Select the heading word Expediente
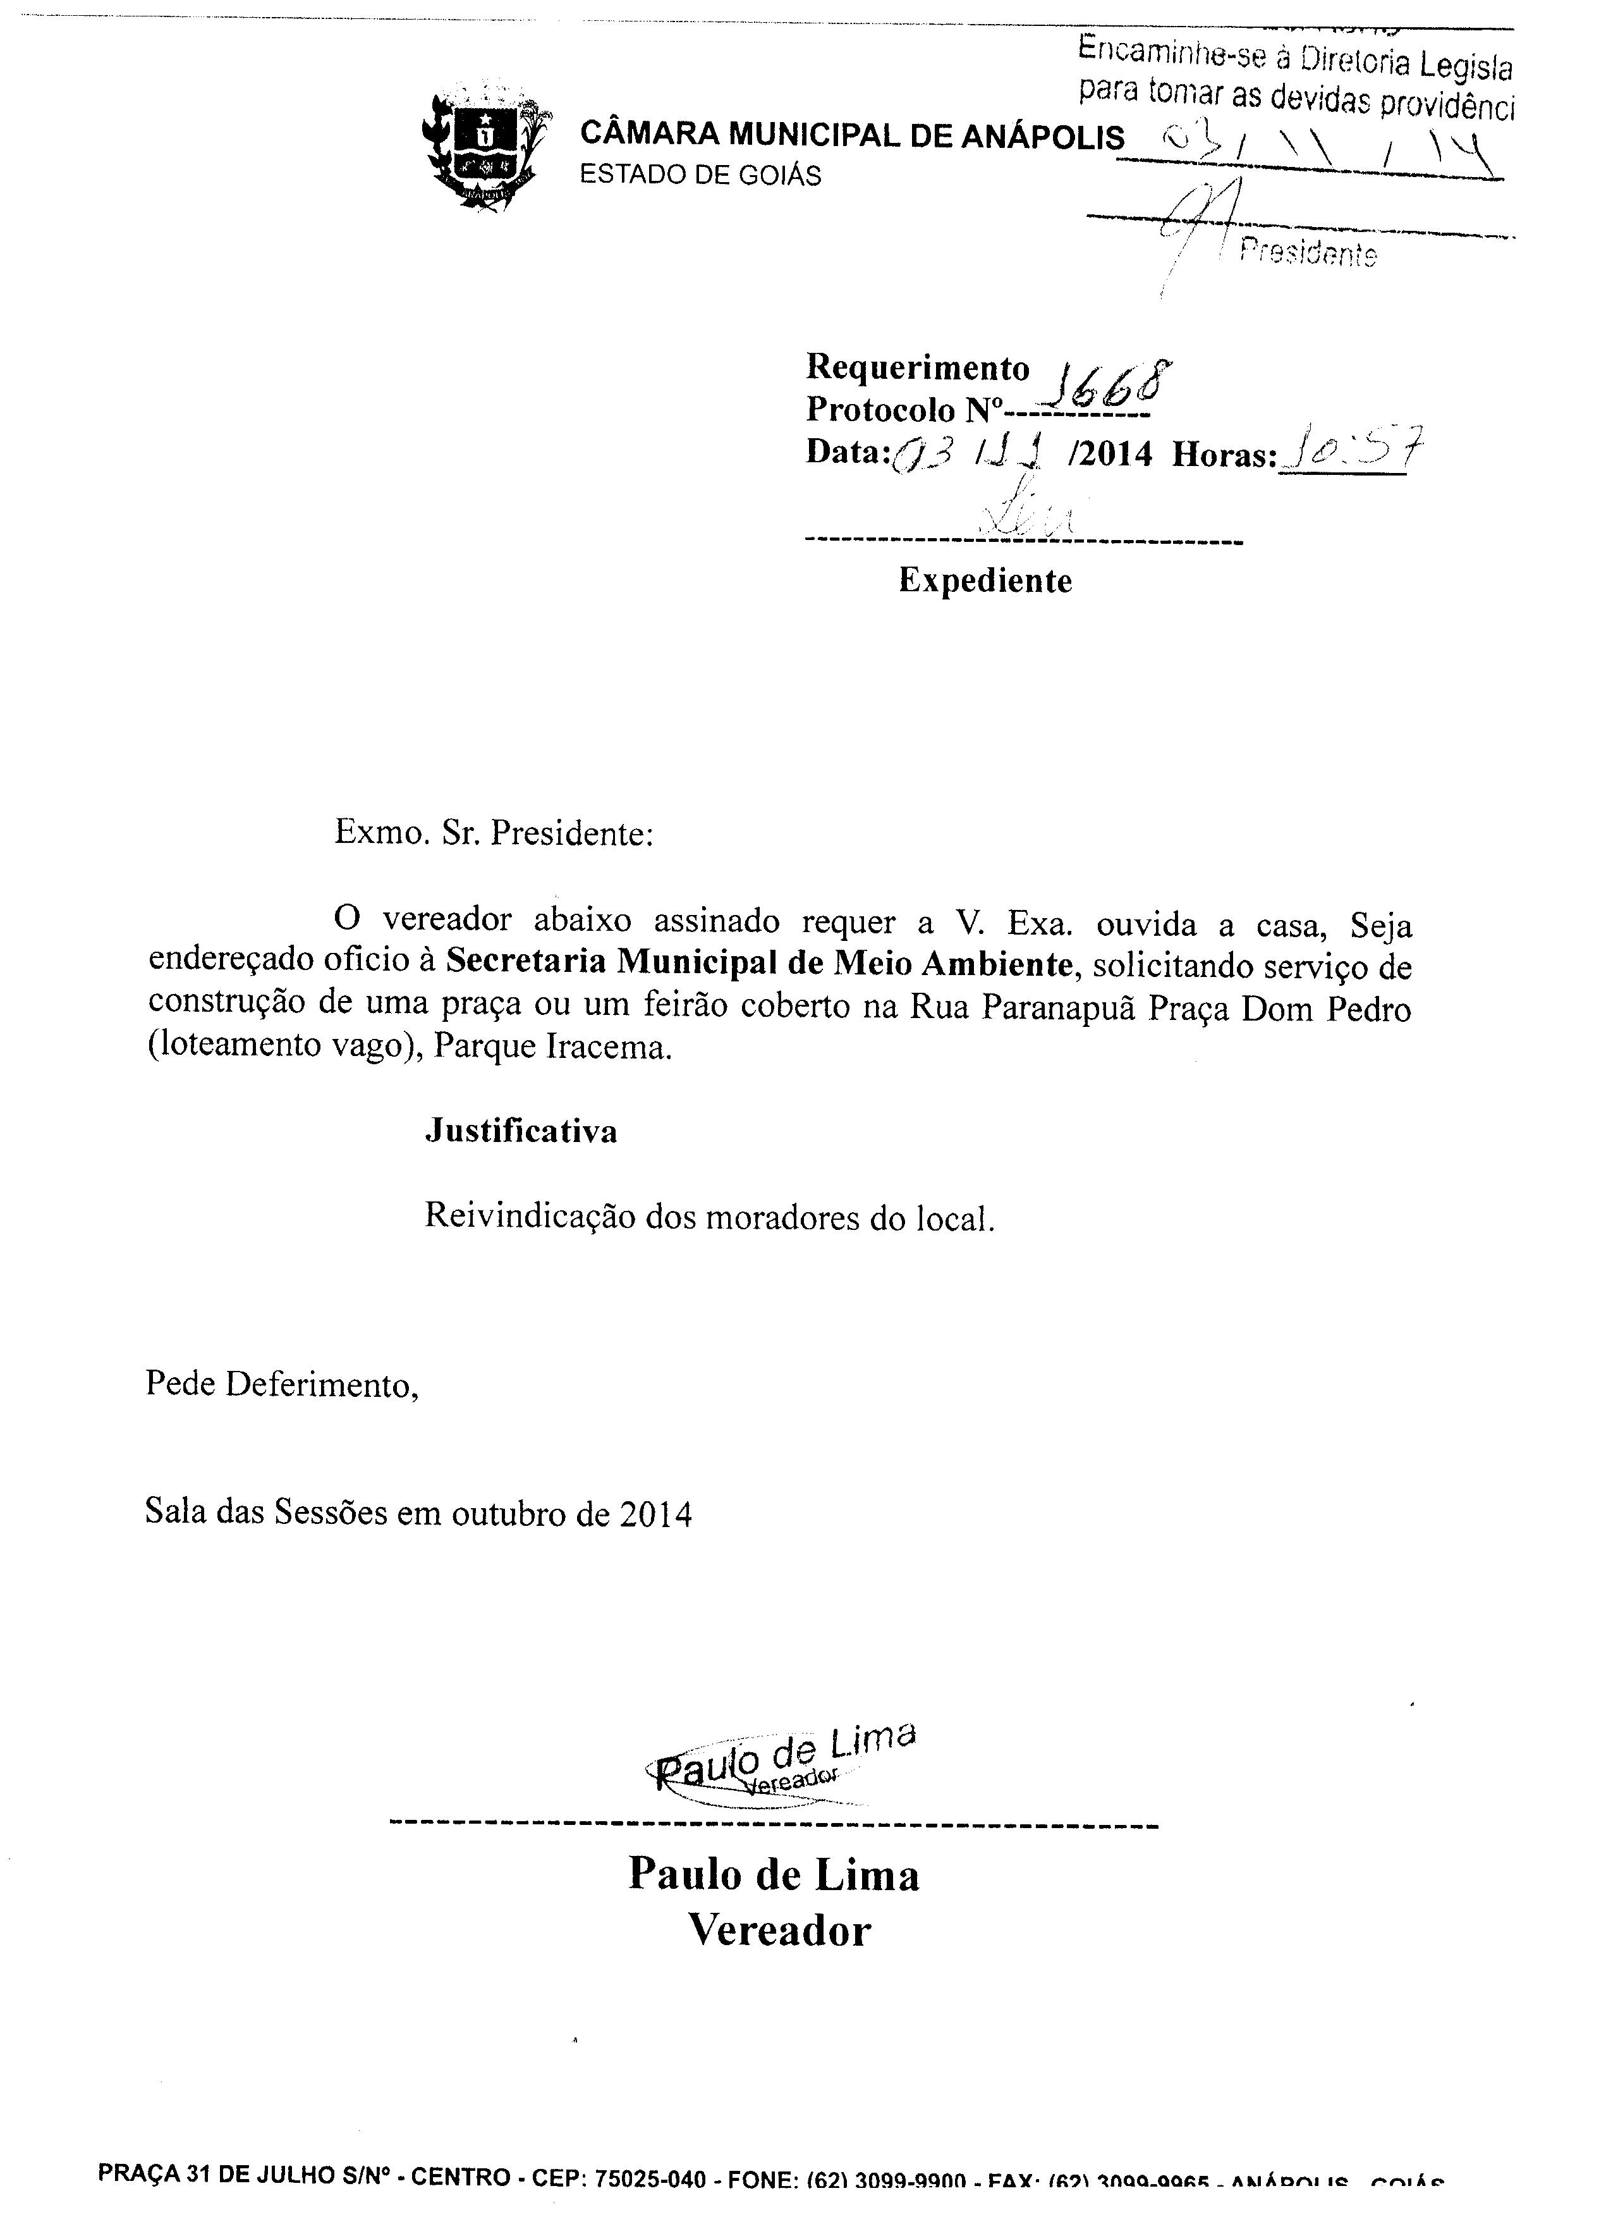985,581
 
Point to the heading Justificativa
521,1131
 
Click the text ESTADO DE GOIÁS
700,175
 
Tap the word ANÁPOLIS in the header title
1042,136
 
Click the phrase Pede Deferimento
282,1384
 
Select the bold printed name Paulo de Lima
774,1874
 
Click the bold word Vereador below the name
780,1931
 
